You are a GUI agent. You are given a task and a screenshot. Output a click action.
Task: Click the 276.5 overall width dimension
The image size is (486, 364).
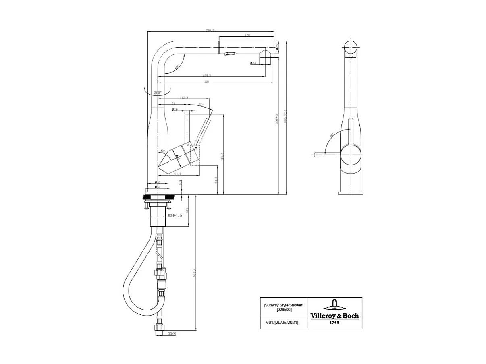coord(210,30)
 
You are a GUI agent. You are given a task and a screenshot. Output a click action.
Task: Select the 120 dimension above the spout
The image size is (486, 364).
coord(247,35)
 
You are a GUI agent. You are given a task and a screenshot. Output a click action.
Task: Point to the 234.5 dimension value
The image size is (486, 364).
coord(207,75)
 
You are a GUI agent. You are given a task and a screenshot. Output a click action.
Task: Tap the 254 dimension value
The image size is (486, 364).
coord(207,82)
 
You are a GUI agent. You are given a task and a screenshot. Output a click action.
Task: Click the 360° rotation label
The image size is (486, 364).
coord(158,93)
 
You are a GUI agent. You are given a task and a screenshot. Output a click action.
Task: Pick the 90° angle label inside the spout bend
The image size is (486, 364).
coord(177,67)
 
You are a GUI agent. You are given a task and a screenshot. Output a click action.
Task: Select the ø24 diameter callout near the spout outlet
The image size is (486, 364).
coord(253,63)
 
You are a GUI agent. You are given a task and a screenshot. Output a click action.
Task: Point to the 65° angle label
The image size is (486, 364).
coord(163,151)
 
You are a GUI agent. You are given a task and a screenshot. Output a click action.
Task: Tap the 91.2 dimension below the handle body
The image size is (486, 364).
coord(177,174)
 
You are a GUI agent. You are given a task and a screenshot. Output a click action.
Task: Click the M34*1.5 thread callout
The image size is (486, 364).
coord(174,215)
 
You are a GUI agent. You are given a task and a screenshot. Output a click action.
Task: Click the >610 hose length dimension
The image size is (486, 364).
coord(194,274)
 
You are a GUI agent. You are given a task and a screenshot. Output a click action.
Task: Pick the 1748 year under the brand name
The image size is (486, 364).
coord(334,322)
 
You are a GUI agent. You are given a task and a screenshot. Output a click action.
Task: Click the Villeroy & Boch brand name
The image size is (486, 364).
coord(334,316)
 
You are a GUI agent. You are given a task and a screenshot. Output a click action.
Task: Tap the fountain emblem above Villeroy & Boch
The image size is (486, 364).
coord(334,304)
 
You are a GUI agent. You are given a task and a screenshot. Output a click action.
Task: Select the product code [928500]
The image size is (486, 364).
coord(284,310)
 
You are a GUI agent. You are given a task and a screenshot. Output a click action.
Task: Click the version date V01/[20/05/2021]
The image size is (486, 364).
coord(282,322)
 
